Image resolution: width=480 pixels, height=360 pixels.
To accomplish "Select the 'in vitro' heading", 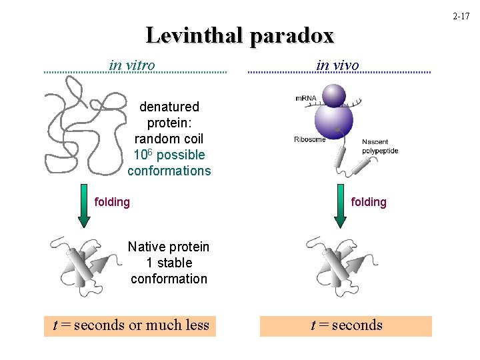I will pos(132,65).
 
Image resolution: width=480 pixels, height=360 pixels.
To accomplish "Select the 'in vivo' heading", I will pos(337,65).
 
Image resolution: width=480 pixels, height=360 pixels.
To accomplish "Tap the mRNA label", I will pos(306,99).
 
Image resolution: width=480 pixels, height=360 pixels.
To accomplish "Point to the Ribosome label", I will pos(309,139).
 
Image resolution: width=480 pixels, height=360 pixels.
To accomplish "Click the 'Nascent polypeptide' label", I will pos(380,146).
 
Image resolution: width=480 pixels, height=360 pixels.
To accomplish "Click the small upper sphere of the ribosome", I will pos(334,95).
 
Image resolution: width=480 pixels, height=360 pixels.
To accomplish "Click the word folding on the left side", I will pos(112,201).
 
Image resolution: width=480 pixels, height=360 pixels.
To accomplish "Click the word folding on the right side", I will pos(368,201).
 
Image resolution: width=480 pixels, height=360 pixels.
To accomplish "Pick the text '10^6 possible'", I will pos(169,155).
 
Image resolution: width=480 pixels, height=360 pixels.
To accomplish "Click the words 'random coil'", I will pos(169,139).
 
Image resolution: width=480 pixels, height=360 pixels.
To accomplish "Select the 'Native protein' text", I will pos(169,247).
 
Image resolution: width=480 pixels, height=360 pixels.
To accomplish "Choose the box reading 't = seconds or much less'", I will pos(131,325).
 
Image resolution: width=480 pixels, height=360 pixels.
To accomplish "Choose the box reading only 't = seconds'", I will pos(346,325).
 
